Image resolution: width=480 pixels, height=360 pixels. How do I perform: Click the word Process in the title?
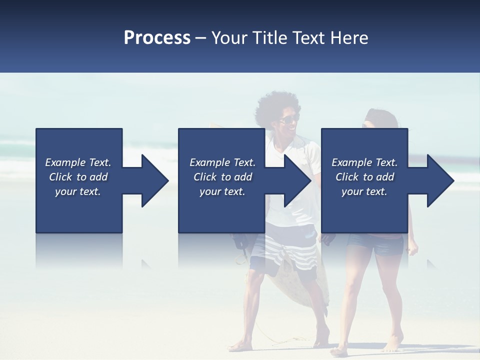pyautogui.click(x=157, y=38)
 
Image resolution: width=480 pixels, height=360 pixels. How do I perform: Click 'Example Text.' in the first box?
pyautogui.click(x=78, y=162)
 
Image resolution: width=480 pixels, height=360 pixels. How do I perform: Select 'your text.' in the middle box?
pyautogui.click(x=222, y=191)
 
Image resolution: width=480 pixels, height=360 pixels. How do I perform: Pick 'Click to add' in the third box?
pyautogui.click(x=364, y=177)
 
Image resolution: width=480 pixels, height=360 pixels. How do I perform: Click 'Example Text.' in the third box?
pyautogui.click(x=364, y=162)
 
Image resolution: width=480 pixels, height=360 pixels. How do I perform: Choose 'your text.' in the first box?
pyautogui.click(x=78, y=191)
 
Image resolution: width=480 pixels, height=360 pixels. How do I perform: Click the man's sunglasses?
pyautogui.click(x=288, y=119)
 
